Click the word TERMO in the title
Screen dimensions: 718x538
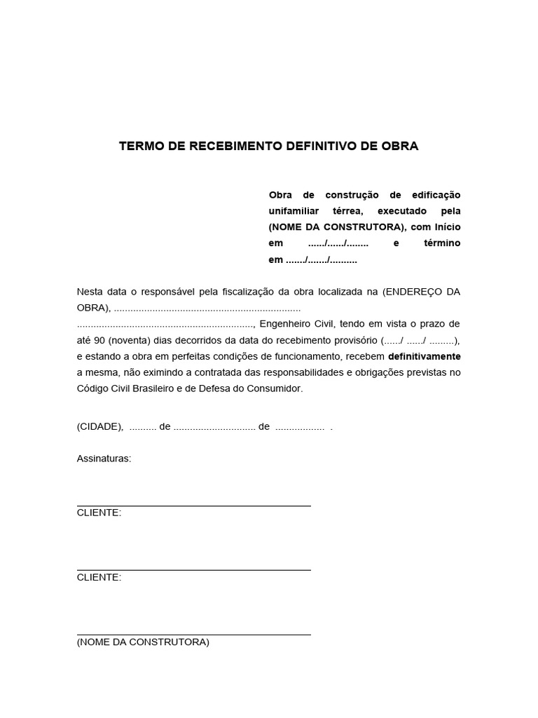pos(140,147)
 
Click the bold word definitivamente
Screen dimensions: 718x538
pos(424,356)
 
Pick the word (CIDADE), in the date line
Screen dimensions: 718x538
pos(100,426)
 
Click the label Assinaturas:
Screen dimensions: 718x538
pos(104,459)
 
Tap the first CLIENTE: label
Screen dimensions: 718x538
pos(99,513)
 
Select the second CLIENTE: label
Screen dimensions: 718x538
pos(99,577)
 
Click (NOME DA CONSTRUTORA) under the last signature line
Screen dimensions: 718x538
pos(143,642)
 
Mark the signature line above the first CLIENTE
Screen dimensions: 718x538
pos(193,506)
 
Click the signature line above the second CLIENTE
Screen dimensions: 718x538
pos(193,570)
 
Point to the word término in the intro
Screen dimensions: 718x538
pos(442,243)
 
